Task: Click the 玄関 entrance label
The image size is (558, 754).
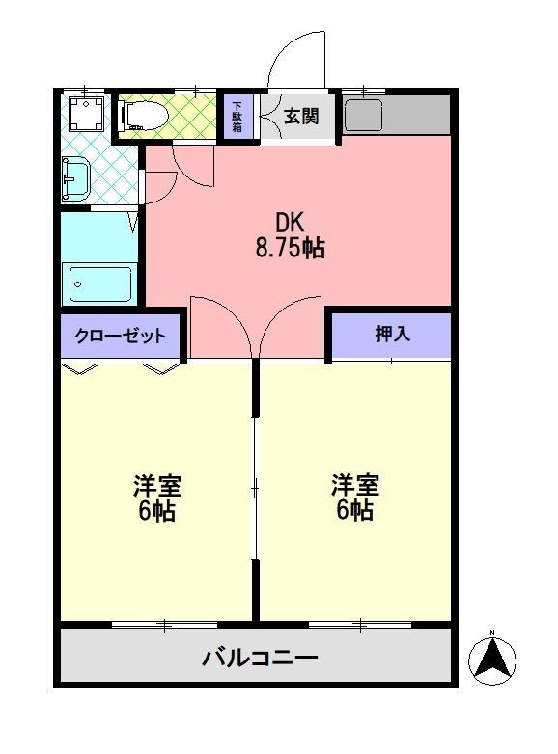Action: [x=301, y=116]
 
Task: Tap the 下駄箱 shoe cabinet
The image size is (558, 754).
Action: [x=237, y=117]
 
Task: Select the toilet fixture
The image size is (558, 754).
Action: [x=144, y=116]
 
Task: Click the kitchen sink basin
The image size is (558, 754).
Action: [x=364, y=115]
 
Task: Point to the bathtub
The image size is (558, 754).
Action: [x=100, y=284]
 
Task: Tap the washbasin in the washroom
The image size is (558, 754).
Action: [x=75, y=179]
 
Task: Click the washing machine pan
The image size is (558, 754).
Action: [x=86, y=113]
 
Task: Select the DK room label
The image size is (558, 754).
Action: [x=290, y=222]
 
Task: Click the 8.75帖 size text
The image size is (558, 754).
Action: [x=290, y=248]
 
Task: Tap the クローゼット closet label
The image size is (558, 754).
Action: [x=121, y=336]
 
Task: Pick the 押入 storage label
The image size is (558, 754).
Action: [x=392, y=334]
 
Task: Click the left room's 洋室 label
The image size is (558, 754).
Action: [x=157, y=485]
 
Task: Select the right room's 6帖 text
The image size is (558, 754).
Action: [x=355, y=510]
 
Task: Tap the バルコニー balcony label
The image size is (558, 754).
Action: [x=260, y=657]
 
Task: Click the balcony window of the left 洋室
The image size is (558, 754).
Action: [x=164, y=625]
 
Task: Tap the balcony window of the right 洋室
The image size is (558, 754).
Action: [x=360, y=625]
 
